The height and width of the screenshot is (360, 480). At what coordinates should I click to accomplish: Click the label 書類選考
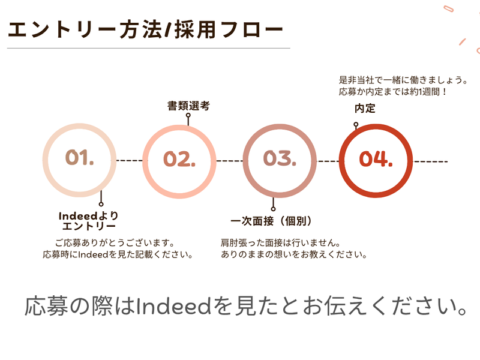point(188,106)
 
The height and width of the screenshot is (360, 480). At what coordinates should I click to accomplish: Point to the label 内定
point(365,109)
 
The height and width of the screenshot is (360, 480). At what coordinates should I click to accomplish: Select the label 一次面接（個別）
point(272,221)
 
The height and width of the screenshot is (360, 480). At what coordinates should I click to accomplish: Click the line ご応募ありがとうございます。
point(114,243)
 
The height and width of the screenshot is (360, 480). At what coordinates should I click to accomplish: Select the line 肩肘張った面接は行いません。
point(281,243)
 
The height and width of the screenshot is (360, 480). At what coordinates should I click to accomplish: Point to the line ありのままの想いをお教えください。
point(294,254)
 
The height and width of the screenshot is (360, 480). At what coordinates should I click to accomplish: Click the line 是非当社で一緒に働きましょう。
point(403,80)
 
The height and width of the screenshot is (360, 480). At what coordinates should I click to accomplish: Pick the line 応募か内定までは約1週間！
point(394,92)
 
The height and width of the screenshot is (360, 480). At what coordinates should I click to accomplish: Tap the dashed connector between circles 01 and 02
point(129,161)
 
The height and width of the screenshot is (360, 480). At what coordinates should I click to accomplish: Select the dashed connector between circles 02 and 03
point(229,161)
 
